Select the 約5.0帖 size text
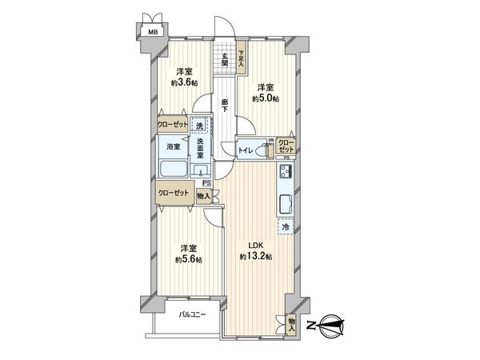[266, 98]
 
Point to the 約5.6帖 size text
[190, 259]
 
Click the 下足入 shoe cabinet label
[241, 58]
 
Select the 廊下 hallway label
[226, 105]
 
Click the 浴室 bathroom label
[173, 147]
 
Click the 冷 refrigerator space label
[285, 227]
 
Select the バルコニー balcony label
[193, 314]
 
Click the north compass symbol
[330, 324]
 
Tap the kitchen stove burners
[285, 171]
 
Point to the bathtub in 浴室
[173, 170]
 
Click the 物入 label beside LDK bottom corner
[292, 324]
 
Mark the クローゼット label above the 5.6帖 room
[174, 193]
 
